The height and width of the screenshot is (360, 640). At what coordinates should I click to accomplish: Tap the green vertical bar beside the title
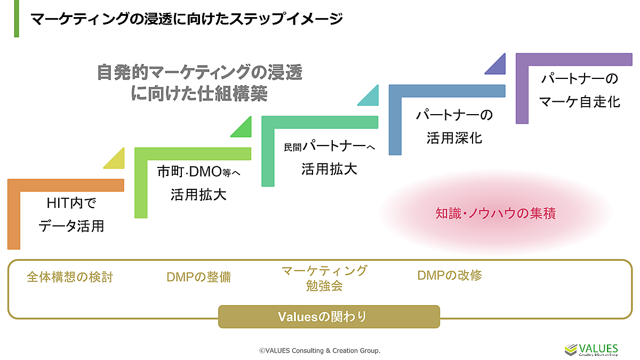[x=17, y=19]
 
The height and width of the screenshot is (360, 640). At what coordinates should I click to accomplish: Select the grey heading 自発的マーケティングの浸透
[x=199, y=72]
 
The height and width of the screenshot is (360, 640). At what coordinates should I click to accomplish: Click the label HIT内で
[x=71, y=204]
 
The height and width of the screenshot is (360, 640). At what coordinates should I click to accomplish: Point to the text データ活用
[x=71, y=226]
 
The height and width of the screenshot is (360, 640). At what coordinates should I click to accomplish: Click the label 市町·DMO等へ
[x=199, y=172]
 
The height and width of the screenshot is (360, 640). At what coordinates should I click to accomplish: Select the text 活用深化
[x=454, y=138]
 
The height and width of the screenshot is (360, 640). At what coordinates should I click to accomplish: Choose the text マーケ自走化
[x=579, y=101]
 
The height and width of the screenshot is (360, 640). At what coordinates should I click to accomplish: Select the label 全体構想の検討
[x=70, y=277]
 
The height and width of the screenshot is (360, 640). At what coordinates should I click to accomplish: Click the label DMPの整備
[x=198, y=277]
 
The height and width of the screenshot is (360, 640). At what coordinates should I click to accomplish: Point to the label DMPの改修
[x=450, y=276]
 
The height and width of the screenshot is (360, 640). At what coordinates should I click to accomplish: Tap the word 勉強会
[x=324, y=286]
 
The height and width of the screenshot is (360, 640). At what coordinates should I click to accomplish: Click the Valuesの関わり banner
[x=329, y=317]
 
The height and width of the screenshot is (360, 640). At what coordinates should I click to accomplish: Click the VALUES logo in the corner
[x=591, y=349]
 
